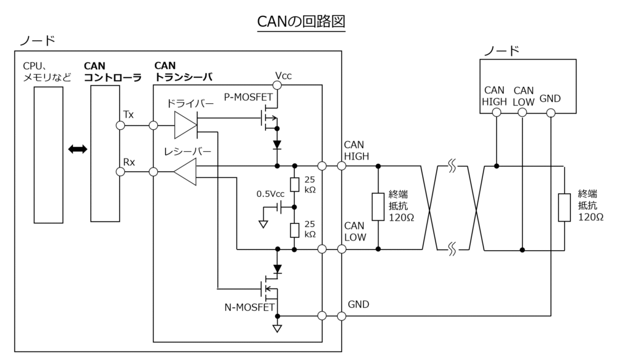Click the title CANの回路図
pyautogui.click(x=301, y=21)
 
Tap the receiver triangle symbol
pyautogui.click(x=185, y=173)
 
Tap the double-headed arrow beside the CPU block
pyautogui.click(x=78, y=149)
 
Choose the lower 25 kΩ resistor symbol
pyautogui.click(x=294, y=230)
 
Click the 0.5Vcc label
pyautogui.click(x=270, y=194)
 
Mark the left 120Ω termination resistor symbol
pyautogui.click(x=378, y=207)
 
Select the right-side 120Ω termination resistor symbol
pyautogui.click(x=564, y=207)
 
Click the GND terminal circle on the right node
pyautogui.click(x=550, y=113)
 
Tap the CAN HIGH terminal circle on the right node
pyautogui.click(x=496, y=113)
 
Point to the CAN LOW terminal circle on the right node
pyautogui.click(x=523, y=113)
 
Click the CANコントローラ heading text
pyautogui.click(x=112, y=71)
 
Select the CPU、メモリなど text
pyautogui.click(x=47, y=71)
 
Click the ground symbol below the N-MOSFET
pyautogui.click(x=278, y=330)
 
